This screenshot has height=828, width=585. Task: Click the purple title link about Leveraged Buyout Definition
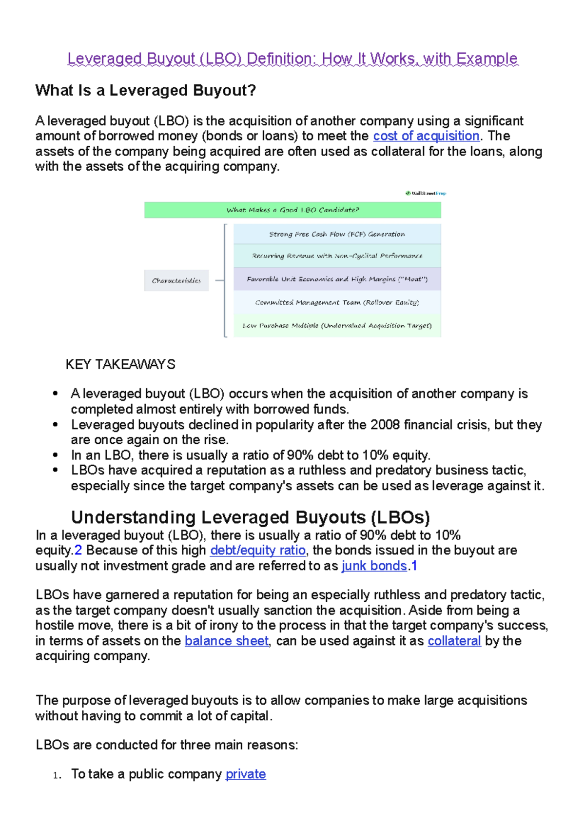(292, 59)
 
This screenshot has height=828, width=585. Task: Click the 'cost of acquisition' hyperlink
(426, 136)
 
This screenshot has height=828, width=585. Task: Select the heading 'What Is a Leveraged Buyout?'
(145, 91)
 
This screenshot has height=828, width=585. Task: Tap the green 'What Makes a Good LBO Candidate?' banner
(292, 210)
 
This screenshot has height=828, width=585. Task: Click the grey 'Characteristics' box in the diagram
(176, 280)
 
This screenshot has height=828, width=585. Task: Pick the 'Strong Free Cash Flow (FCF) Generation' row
(337, 234)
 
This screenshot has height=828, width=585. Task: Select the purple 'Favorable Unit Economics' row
(337, 279)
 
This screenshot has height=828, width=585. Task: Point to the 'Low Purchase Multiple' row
(337, 325)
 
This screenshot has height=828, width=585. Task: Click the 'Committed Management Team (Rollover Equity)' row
(337, 302)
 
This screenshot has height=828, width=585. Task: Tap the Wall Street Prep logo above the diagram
(426, 193)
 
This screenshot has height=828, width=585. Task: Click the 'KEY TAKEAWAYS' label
(120, 365)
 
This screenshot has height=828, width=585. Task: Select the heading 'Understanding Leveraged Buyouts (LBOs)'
(251, 517)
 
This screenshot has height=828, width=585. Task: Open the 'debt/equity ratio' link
(258, 551)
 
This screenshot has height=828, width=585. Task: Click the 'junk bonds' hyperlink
(374, 566)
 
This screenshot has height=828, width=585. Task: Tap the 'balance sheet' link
(227, 641)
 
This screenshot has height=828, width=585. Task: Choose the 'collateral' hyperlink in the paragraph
(454, 641)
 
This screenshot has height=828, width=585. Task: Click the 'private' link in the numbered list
(246, 774)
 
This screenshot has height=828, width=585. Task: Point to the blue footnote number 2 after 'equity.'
(78, 551)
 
